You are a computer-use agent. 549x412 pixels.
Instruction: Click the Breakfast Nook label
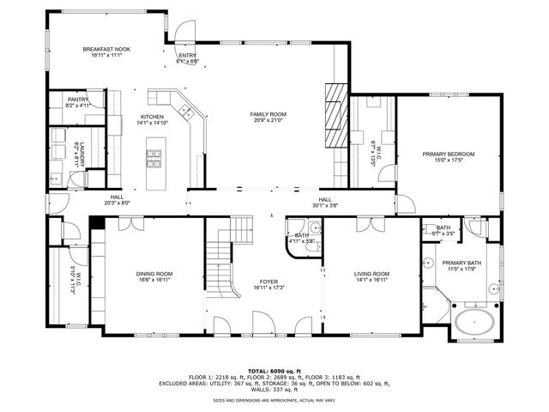click(x=106, y=51)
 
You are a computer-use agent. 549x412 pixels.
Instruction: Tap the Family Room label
click(x=268, y=114)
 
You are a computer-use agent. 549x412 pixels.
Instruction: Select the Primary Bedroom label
click(x=448, y=154)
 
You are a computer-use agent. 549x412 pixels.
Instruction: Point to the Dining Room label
click(x=154, y=274)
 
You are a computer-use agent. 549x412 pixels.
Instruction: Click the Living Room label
click(x=372, y=274)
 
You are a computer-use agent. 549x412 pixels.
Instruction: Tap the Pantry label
click(x=78, y=100)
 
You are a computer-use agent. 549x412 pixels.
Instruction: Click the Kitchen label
click(x=152, y=117)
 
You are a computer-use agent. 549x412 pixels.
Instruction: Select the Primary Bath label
click(x=461, y=263)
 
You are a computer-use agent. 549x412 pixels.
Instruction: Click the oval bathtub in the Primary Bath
click(x=473, y=324)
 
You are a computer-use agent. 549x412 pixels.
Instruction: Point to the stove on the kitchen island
click(x=155, y=156)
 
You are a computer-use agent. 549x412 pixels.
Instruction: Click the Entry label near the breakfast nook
click(x=187, y=56)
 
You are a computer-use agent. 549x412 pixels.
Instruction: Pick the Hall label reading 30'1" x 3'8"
click(x=325, y=202)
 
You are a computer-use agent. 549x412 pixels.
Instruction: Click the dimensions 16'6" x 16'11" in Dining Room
click(x=154, y=280)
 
